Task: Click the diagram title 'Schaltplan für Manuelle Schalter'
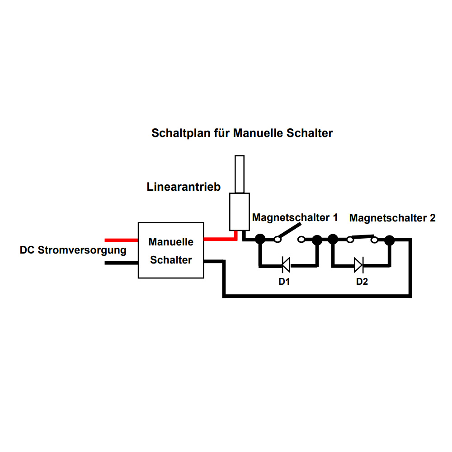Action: click(242, 133)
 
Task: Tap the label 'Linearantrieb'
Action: click(184, 187)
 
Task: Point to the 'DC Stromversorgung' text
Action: click(73, 250)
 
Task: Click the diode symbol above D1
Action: click(286, 265)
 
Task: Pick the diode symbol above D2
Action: click(358, 265)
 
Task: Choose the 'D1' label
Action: click(284, 282)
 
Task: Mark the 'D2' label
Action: click(362, 282)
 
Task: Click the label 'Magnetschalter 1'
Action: click(295, 217)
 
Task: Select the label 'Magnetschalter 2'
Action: click(392, 218)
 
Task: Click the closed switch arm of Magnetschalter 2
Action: click(361, 236)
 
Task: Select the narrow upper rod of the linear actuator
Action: click(240, 174)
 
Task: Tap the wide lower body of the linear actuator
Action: click(239, 212)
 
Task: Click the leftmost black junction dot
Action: click(260, 240)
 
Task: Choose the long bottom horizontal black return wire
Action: click(316, 296)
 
